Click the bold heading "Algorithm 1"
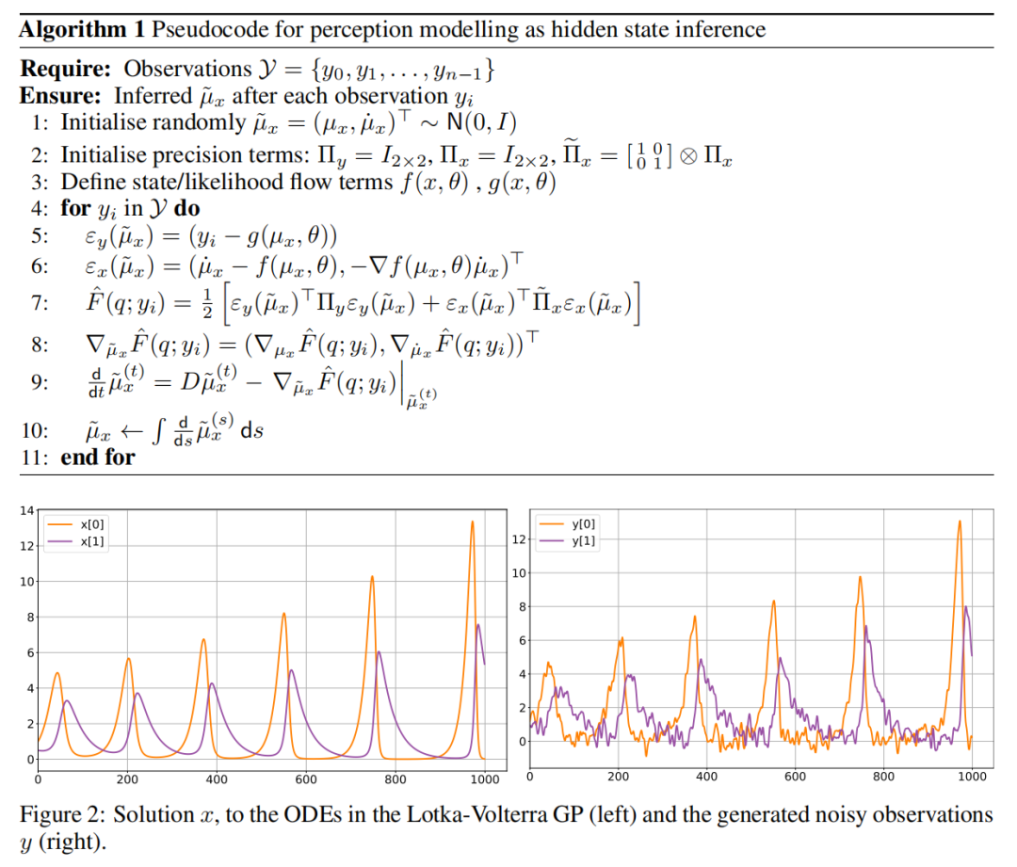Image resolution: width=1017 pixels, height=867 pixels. [81, 29]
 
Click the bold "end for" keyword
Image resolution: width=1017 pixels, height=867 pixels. [98, 458]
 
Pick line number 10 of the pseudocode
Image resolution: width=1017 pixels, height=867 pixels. [34, 431]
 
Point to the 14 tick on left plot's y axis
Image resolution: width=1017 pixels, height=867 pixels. [27, 510]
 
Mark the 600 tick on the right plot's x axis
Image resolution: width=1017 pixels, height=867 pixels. [795, 777]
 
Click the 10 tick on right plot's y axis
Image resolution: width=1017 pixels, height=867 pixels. [516, 573]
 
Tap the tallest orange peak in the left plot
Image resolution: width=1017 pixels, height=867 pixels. [472, 522]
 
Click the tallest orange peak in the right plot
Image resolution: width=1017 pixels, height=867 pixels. [960, 521]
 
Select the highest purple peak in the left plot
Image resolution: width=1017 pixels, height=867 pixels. [478, 624]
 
